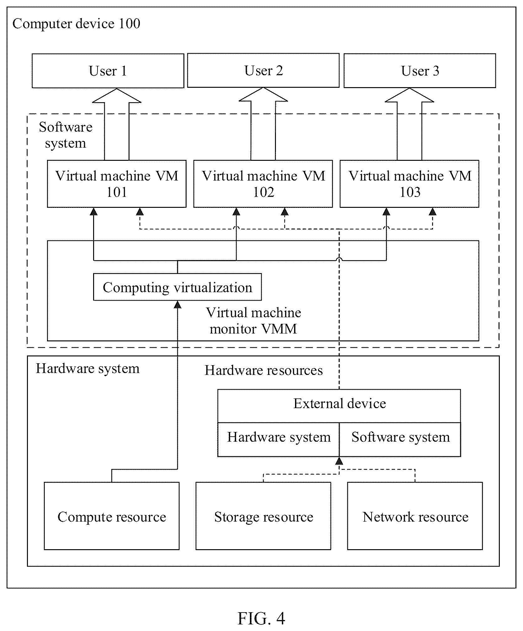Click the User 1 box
108,71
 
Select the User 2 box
263,71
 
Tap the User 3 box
420,71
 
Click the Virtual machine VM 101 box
117,184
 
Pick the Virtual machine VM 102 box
263,184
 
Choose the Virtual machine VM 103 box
409,184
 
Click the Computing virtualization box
177,287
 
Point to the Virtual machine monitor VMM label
253,321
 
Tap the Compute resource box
112,516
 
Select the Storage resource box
263,516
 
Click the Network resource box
415,516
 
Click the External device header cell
339,406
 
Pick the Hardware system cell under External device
278,439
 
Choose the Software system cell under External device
400,439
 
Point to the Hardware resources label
264,370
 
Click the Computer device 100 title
76,24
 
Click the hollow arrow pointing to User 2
263,124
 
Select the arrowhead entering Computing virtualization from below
177,304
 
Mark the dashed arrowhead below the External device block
339,460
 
